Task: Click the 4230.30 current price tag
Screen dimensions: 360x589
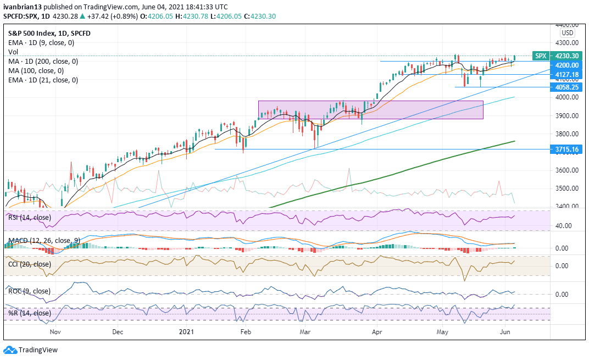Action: (x=566, y=56)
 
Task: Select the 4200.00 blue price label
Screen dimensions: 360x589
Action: (x=566, y=65)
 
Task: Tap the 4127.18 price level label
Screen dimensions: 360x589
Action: (x=566, y=75)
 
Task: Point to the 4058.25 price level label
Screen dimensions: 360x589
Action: (x=566, y=87)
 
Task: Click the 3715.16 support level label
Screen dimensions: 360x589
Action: (x=566, y=149)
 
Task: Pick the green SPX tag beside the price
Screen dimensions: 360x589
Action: (x=541, y=56)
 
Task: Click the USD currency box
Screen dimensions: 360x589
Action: (x=567, y=33)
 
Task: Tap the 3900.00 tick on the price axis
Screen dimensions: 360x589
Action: (x=566, y=115)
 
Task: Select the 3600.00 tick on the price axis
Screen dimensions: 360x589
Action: (x=566, y=170)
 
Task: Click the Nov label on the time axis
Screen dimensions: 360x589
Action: (x=55, y=332)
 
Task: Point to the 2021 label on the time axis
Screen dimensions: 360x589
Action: (x=187, y=332)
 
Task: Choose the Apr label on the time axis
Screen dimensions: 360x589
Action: (x=377, y=332)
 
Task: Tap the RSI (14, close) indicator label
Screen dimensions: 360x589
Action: (x=29, y=217)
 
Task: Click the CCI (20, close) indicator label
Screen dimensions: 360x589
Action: (x=29, y=265)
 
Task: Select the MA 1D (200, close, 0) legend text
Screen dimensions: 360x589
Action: (x=43, y=62)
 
